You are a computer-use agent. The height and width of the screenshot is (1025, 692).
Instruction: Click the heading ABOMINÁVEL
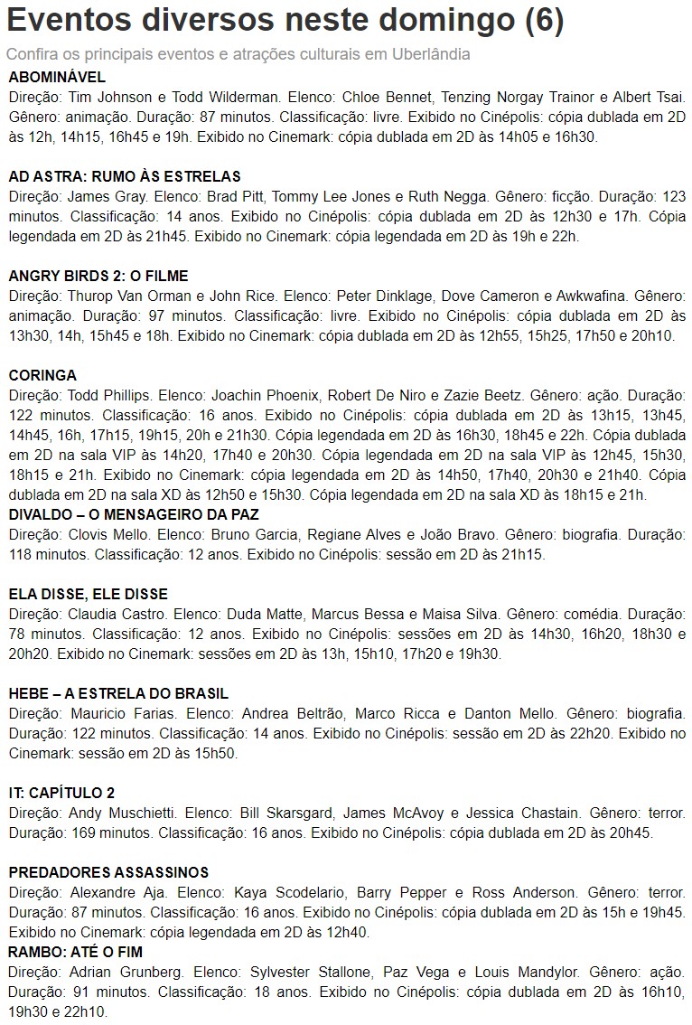(x=57, y=77)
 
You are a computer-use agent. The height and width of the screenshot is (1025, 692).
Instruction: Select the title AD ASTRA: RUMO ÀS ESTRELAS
(x=125, y=176)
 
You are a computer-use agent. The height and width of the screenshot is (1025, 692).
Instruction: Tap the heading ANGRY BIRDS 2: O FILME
(x=98, y=276)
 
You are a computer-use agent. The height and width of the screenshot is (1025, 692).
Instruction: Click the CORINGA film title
(x=42, y=375)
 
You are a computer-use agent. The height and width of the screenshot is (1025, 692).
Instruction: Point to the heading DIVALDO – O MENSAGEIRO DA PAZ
(x=134, y=514)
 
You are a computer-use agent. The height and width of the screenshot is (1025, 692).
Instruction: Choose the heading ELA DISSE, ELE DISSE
(x=89, y=594)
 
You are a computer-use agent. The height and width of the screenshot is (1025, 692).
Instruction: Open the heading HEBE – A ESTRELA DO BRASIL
(x=118, y=693)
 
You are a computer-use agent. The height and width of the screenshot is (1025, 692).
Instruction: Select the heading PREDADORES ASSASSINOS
(x=108, y=872)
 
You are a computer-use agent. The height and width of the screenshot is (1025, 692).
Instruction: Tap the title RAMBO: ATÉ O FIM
(x=75, y=952)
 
